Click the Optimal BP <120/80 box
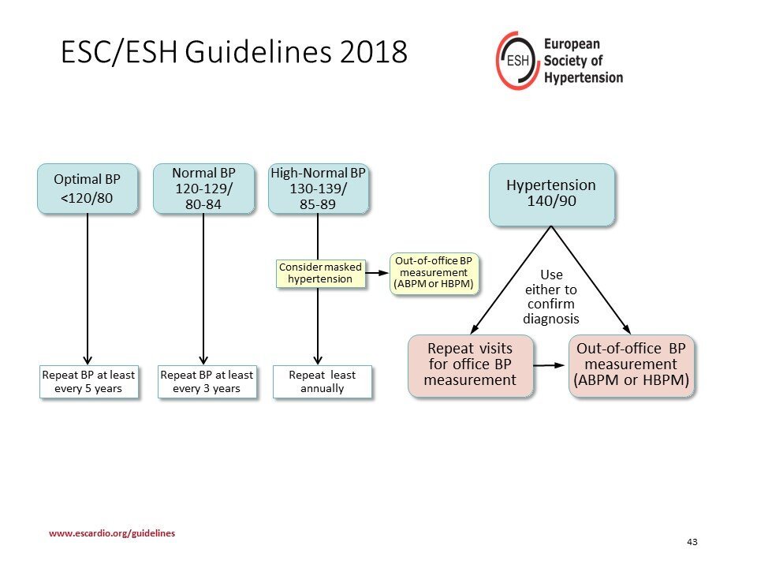coord(88,189)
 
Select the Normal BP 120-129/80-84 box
coord(203,189)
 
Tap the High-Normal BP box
coord(318,189)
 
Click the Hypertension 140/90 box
coord(551,194)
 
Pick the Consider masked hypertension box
coord(320,274)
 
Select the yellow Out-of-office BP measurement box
coord(434,273)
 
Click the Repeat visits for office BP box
coord(470,365)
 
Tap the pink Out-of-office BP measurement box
coord(631,365)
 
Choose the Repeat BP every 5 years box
coord(89,382)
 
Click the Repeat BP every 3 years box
coord(207,382)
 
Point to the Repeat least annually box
coord(322,382)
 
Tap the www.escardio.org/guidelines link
coord(112,533)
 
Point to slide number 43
coord(692,542)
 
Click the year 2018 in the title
coord(373,52)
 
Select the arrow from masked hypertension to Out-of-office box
coord(377,273)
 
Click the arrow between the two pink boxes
coord(549,365)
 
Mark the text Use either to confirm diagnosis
coord(551,297)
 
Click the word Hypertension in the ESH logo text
coord(584,78)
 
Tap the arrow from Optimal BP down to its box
coord(88,290)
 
